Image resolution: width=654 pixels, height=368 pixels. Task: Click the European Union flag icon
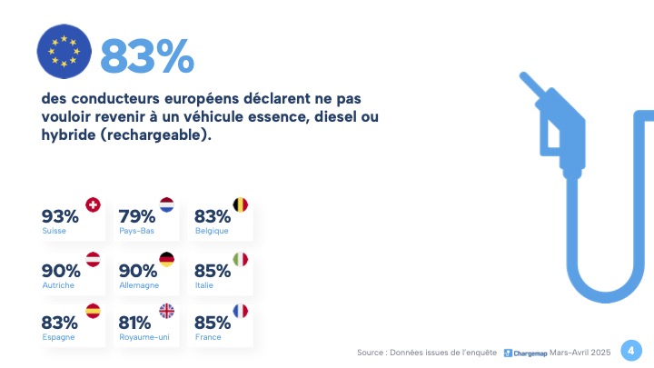pos(64,50)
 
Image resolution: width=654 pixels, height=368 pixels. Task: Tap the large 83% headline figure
pos(147,56)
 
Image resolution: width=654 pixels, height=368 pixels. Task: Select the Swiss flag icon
pos(92,205)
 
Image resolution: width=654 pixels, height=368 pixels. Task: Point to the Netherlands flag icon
pos(167,205)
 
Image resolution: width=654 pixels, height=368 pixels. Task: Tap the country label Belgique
pos(211,232)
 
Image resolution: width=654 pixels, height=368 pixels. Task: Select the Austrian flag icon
pos(92,260)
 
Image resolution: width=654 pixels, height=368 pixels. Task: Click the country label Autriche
pos(58,285)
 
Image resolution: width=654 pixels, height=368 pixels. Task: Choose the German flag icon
pos(167,260)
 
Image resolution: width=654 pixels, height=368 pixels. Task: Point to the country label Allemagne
pos(139,285)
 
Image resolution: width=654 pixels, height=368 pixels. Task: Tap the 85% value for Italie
pos(213,271)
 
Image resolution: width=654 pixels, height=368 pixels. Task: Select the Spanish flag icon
pos(92,312)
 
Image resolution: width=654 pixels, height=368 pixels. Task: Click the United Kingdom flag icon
pos(167,312)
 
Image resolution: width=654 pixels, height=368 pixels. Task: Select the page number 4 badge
pos(629,350)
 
